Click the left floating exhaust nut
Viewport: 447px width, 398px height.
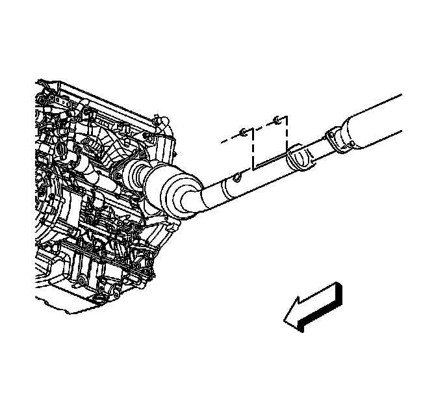tap(242, 133)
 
